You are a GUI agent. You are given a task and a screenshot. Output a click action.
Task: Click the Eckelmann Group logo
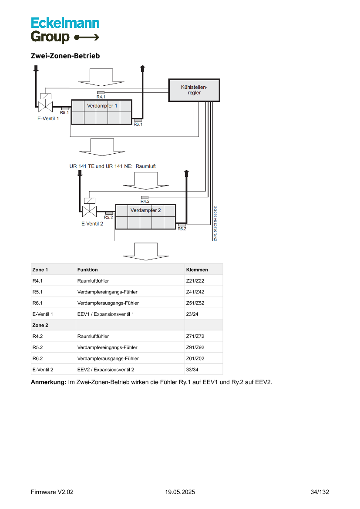click(x=65, y=30)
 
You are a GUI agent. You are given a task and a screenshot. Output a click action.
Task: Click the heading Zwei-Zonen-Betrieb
click(x=65, y=56)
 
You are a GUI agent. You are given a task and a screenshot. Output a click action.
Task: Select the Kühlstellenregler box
click(x=194, y=90)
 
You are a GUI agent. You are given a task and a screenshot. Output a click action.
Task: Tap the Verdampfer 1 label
click(x=102, y=106)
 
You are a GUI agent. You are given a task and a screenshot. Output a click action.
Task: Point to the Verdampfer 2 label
click(x=145, y=210)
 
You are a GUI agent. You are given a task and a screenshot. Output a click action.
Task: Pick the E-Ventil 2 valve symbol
click(x=89, y=211)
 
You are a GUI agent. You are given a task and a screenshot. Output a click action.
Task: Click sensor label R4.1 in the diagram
click(x=101, y=97)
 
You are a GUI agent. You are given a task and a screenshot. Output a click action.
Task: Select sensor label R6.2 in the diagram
click(x=182, y=229)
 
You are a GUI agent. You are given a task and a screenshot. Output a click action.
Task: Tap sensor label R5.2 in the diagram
click(x=108, y=217)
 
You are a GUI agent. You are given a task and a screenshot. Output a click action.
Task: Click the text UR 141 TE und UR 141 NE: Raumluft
click(x=112, y=166)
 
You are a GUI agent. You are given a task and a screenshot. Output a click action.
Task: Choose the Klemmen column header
click(x=197, y=270)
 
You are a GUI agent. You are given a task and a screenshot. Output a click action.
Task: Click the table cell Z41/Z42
click(x=195, y=292)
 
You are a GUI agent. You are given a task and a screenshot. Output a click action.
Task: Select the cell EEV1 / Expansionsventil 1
click(x=105, y=314)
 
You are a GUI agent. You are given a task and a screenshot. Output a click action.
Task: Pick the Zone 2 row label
click(x=40, y=325)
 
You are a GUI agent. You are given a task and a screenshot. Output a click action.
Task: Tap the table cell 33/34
click(x=192, y=370)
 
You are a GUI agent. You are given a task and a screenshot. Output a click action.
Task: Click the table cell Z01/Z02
click(x=195, y=358)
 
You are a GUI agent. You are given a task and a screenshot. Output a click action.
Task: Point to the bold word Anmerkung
click(x=48, y=382)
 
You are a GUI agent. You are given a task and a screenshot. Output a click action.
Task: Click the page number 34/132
click(x=320, y=492)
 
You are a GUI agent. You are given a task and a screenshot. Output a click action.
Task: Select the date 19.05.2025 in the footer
click(x=180, y=492)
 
